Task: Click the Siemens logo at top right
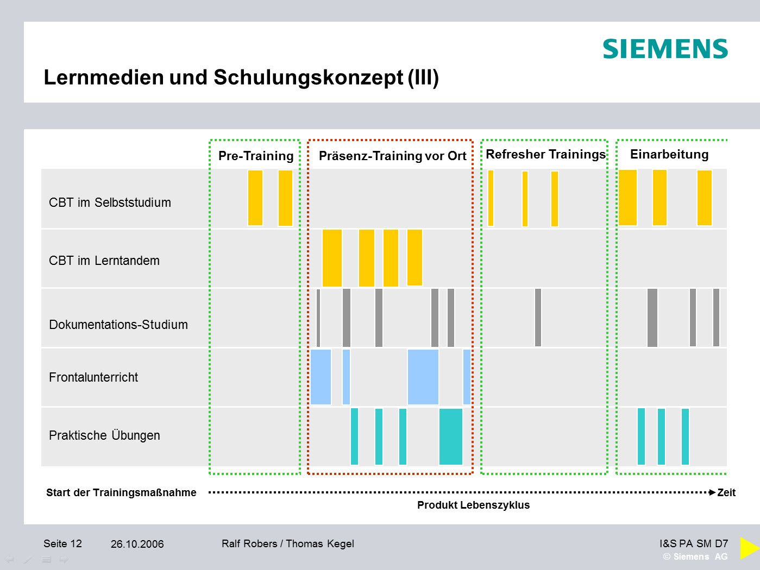[665, 49]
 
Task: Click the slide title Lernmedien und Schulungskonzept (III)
[241, 78]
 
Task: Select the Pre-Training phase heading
[255, 156]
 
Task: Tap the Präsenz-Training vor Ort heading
[392, 156]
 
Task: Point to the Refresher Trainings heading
[545, 154]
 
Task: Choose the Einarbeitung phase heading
[669, 154]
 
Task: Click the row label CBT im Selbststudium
[110, 202]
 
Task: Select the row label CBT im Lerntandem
[104, 261]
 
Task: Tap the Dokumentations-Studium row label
[118, 325]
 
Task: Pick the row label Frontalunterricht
[93, 377]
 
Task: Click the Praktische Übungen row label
[104, 435]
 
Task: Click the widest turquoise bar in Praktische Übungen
[450, 436]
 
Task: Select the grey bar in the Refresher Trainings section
[538, 318]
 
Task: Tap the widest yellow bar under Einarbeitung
[627, 198]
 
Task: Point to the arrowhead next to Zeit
[712, 492]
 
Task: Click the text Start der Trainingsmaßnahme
[121, 492]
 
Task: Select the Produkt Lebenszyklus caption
[473, 505]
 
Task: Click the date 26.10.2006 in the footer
[137, 544]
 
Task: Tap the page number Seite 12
[62, 543]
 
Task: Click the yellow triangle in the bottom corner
[749, 548]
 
